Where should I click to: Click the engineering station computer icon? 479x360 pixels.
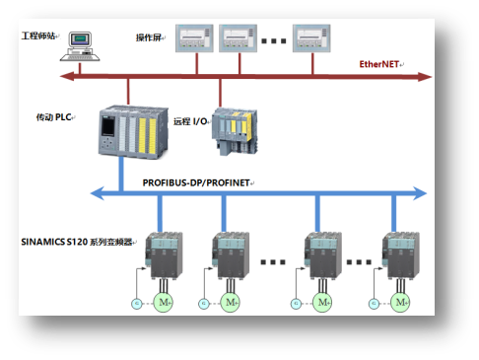pos(80,46)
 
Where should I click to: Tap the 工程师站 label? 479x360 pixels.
pos(38,36)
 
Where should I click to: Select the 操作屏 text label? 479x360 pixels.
pos(149,37)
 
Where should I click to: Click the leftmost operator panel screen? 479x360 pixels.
pos(194,38)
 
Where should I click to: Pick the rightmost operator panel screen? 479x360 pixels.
pos(311,38)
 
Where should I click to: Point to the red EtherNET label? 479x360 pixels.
pos(379,64)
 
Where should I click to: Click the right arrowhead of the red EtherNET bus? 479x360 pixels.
pos(425,77)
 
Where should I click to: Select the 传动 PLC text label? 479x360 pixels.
pos(54,117)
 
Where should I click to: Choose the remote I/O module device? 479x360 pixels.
pos(235,131)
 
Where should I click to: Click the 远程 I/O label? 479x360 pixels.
pos(190,121)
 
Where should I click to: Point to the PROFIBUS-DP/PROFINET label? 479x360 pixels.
pos(196,182)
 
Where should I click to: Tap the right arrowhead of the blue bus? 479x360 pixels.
pos(420,193)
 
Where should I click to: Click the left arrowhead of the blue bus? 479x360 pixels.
pos(98,193)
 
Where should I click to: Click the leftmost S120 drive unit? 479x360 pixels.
pos(164,255)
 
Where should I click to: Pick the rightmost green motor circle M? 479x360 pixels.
pos(400,302)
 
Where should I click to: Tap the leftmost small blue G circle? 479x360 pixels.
pos(137,303)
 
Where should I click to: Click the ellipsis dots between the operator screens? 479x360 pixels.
pos(274,41)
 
